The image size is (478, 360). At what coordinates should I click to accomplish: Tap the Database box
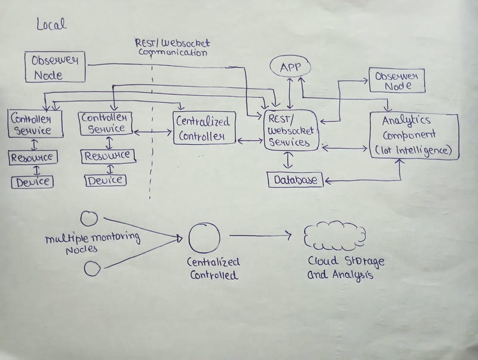pyautogui.click(x=295, y=179)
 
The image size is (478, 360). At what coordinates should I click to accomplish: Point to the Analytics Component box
pyautogui.click(x=414, y=136)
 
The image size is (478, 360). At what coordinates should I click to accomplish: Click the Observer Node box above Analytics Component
pyautogui.click(x=397, y=80)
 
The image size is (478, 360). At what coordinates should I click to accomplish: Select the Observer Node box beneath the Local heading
pyautogui.click(x=55, y=67)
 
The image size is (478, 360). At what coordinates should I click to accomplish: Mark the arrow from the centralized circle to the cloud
pyautogui.click(x=260, y=236)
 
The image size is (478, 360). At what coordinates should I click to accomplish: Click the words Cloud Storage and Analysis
pyautogui.click(x=338, y=269)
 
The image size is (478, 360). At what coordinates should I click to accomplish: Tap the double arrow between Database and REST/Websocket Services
pyautogui.click(x=289, y=161)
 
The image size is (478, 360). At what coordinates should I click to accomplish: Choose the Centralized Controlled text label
pyautogui.click(x=214, y=269)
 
